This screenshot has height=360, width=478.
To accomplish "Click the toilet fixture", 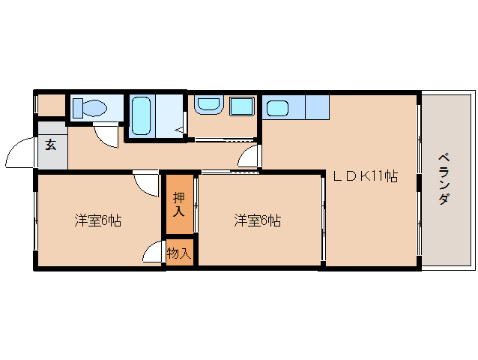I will click(x=91, y=108).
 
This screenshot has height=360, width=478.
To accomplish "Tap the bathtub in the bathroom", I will click(x=142, y=115).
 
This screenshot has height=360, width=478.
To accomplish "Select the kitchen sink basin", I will click(x=277, y=108).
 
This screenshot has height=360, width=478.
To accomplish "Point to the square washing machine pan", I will click(x=241, y=106).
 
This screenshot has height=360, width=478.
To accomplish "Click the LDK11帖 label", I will click(x=366, y=177).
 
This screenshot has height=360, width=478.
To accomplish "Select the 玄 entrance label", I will click(x=50, y=145).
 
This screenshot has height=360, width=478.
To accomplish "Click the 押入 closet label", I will click(x=179, y=205).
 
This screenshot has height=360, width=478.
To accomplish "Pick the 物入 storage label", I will click(x=179, y=253).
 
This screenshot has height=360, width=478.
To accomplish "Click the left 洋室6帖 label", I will click(x=98, y=220).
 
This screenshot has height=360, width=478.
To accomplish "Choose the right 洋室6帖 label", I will click(x=257, y=220).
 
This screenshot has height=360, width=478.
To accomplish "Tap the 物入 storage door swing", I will click(x=155, y=252).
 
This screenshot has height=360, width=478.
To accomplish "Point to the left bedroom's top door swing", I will click(x=145, y=183).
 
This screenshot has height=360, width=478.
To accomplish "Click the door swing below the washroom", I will click(x=250, y=157).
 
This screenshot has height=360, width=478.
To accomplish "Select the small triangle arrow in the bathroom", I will click(x=180, y=131).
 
